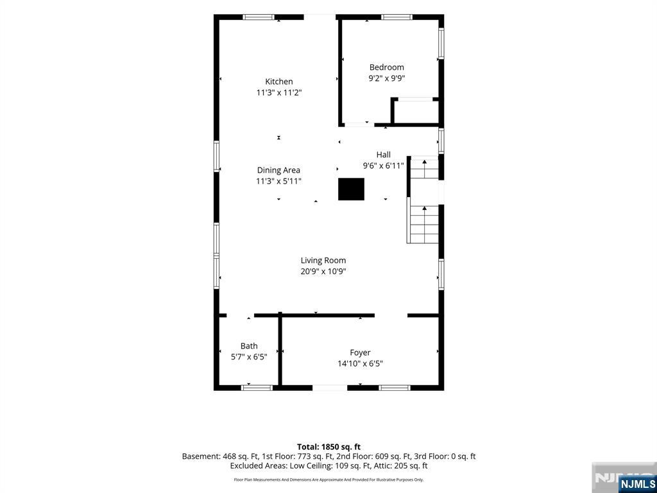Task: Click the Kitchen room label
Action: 279,82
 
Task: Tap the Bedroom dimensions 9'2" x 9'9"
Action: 386,78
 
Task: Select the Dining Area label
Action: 278,169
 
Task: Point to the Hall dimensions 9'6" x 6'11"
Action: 384,166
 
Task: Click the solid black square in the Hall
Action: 351,189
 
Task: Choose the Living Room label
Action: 323,261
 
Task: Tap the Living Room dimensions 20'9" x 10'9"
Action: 323,272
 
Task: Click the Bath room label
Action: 249,346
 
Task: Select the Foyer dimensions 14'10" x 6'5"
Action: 361,363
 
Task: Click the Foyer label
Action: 361,352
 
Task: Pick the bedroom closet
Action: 415,112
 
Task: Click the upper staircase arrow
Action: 425,168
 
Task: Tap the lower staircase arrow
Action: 425,216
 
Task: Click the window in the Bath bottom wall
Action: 257,388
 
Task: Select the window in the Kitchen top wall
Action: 259,17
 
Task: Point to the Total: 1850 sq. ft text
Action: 328,447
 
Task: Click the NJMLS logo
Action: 636,483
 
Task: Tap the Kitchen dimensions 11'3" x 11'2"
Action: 279,92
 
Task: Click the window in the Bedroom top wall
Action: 397,17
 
